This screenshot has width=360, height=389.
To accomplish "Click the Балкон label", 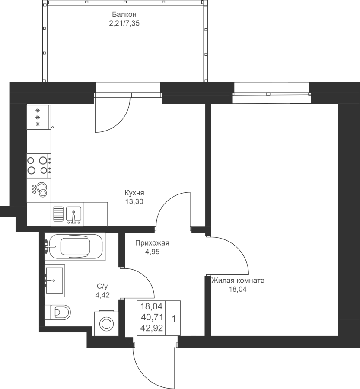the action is tap(124, 14).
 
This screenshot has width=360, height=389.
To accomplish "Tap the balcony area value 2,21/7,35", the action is tap(124, 24).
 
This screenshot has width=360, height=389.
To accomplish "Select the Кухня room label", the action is tap(134, 193).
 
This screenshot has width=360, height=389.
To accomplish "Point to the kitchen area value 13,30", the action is tap(134, 202).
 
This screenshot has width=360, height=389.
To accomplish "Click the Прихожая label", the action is tap(152, 243).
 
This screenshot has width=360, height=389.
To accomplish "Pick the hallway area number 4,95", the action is tap(152, 252).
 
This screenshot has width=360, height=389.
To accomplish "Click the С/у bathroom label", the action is tap(102, 287).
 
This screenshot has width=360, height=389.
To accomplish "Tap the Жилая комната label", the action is tap(238, 281).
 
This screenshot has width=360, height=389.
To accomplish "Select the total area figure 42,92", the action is tap(152, 328).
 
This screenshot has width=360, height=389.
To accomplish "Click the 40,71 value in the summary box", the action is tap(152, 317).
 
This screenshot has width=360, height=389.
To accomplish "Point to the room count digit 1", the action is tap(174, 319).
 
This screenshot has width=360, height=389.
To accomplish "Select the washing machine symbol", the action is tap(104, 323).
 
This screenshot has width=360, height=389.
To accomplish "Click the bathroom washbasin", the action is tap(55, 281).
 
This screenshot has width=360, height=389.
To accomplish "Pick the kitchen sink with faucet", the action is tap(73, 214).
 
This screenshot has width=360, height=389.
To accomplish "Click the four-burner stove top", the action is tap(39, 165).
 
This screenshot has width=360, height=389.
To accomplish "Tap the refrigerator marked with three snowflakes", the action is tap(39, 117).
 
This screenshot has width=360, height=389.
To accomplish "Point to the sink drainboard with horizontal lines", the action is tap(58, 214).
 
